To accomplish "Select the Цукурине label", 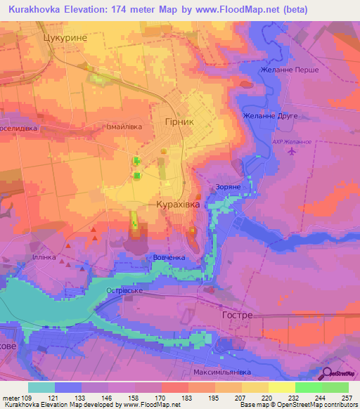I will (65, 40).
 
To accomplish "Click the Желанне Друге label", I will (270, 115).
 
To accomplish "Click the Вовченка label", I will (169, 258).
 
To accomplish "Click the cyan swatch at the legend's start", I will (41, 387).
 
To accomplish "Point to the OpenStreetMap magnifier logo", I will (327, 373).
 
